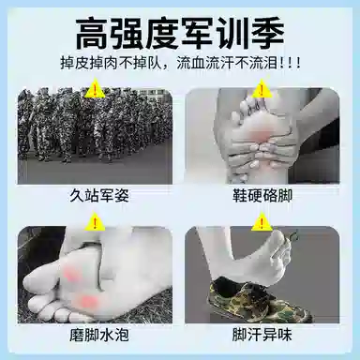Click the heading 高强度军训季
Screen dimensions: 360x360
pyautogui.click(x=180, y=34)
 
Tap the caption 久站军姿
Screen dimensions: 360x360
pyautogui.click(x=98, y=196)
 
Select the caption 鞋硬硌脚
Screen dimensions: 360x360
pyautogui.click(x=262, y=196)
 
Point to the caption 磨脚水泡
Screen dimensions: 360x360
pyautogui.click(x=98, y=336)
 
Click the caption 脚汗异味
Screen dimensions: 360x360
pyautogui.click(x=262, y=336)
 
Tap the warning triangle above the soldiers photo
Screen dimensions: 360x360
pyautogui.click(x=94, y=89)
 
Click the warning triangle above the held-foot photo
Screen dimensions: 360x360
pyautogui.click(x=262, y=89)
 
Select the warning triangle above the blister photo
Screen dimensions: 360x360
pyautogui.click(x=94, y=221)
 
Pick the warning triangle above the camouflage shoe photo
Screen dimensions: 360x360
pyautogui.click(x=262, y=221)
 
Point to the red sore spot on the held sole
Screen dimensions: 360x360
pyautogui.click(x=262, y=134)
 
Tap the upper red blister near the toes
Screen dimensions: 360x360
pyautogui.click(x=71, y=272)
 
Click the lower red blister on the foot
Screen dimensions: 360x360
pyautogui.click(x=85, y=302)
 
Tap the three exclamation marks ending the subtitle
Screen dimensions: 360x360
pyautogui.click(x=291, y=64)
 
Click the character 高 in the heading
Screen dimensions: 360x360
pyautogui.click(x=92, y=34)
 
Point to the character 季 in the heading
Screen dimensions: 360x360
pyautogui.click(x=268, y=34)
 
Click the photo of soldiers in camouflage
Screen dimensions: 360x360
pyautogui.click(x=95, y=137)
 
